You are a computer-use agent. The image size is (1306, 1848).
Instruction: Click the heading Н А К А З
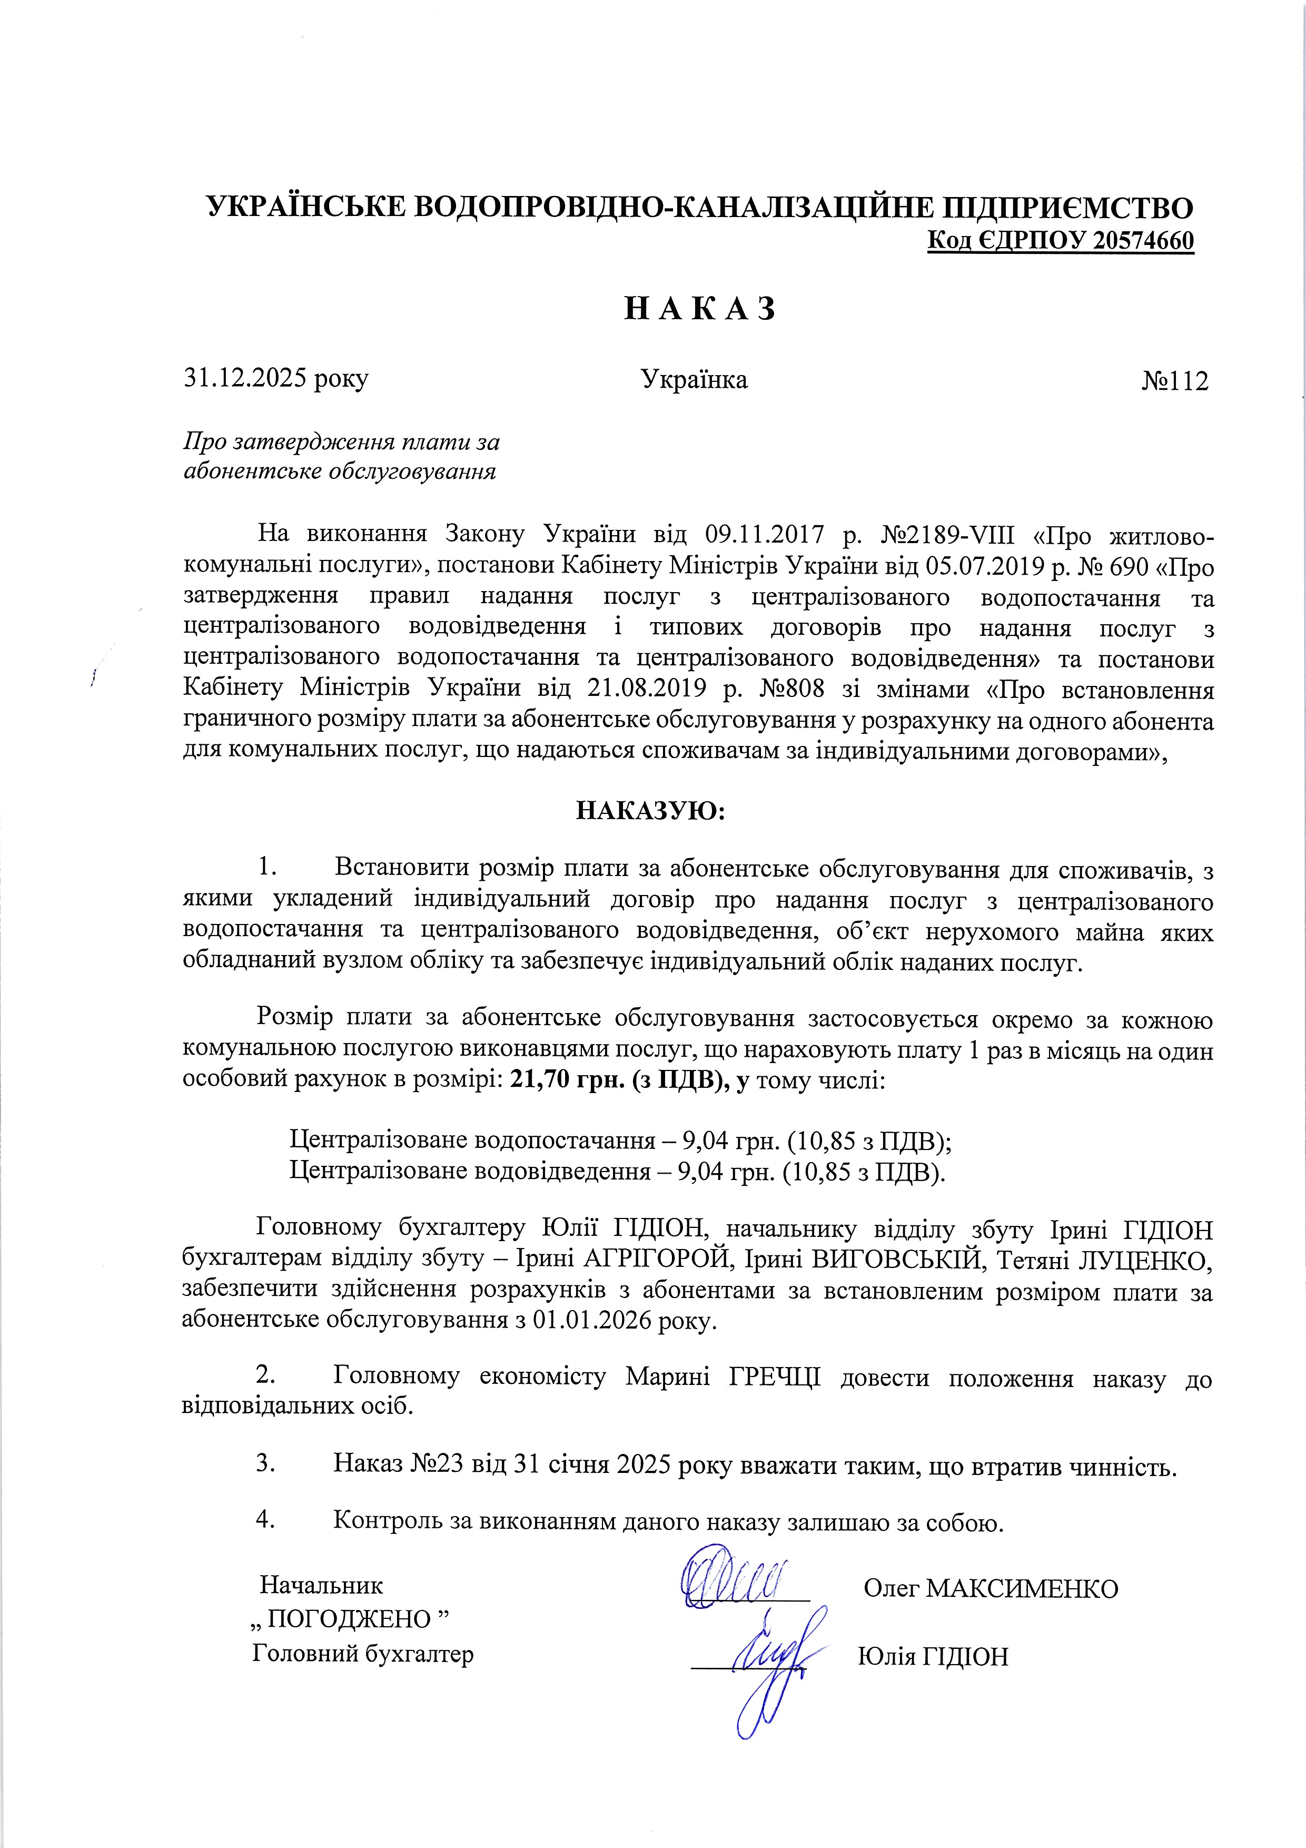click(699, 308)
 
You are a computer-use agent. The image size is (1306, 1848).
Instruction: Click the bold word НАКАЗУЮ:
click(651, 810)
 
